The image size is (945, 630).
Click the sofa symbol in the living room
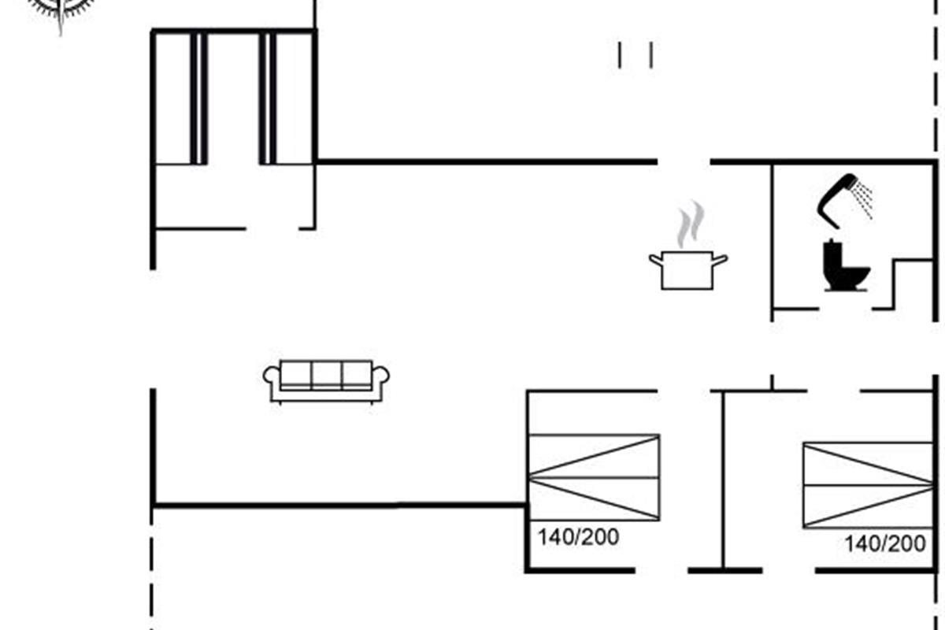pos(326,381)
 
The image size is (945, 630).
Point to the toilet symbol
pos(844,268)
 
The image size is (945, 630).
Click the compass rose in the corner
pos(60,9)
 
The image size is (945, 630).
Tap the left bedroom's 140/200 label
pos(578,538)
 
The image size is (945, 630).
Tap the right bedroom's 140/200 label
pos(885,543)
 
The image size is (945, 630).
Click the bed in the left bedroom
pos(594,477)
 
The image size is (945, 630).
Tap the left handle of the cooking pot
pos(656,258)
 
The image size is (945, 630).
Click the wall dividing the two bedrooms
pos(723,480)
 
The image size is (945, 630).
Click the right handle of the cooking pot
pos(719,258)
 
